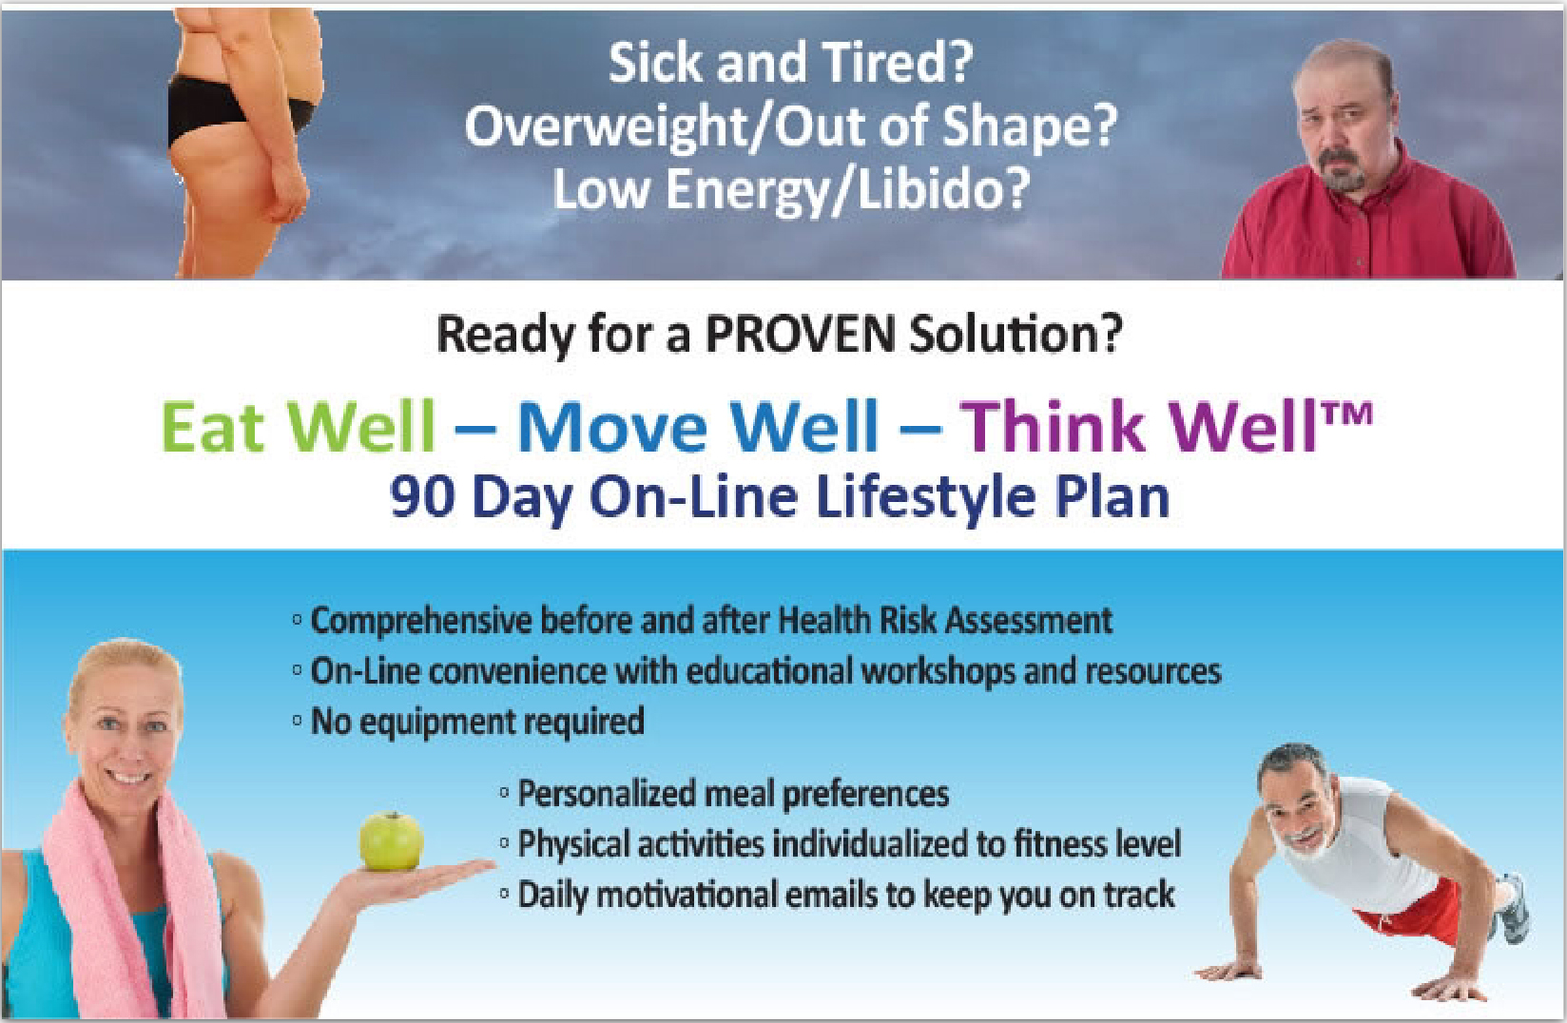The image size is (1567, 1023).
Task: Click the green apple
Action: coord(391,841)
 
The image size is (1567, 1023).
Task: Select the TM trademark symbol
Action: coord(1347,414)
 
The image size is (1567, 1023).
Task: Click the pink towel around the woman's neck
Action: coord(129,902)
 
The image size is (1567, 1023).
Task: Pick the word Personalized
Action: coord(608,794)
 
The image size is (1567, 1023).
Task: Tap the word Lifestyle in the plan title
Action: coord(925,498)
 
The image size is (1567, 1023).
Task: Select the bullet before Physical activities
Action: coord(504,843)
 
